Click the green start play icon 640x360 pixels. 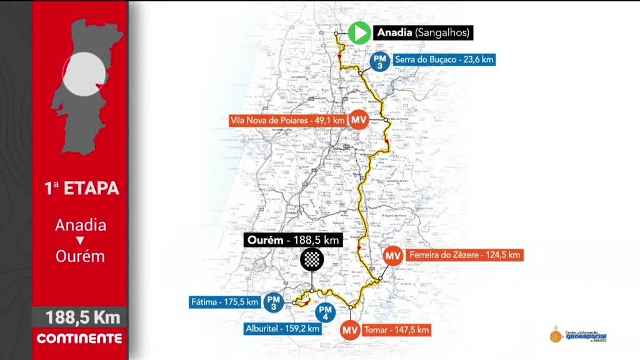pos(359,32)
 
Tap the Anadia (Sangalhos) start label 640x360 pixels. pos(422,32)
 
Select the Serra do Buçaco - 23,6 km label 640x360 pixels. pos(444,60)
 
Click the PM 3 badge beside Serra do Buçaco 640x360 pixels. pos(379,61)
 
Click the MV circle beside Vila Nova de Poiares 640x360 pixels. pos(359,119)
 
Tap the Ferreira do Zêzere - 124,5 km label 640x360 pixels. pos(463,255)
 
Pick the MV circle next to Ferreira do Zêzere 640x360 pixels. pos(392,256)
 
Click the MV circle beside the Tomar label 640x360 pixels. pos(350,329)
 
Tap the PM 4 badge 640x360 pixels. pos(325,311)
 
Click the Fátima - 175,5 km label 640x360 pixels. pos(224,302)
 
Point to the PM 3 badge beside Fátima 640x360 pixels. pos(273,302)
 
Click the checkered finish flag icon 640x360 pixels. pos(311,259)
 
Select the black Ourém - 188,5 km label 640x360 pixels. pos(293,240)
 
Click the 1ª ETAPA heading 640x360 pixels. pos(81,187)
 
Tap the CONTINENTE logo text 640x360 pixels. pos(79,339)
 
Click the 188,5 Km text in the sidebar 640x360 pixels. pos(82,317)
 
